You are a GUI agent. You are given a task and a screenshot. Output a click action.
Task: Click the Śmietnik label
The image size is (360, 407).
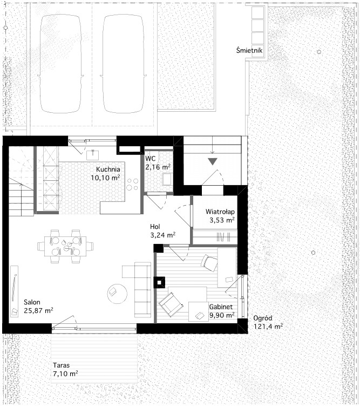pos(249,50)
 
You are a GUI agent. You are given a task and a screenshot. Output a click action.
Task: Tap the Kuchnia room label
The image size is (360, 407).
pos(108,169)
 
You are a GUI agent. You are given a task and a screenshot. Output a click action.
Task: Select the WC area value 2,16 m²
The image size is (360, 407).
pos(158,167)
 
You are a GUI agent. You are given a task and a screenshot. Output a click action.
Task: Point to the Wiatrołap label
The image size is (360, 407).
pos(220,212)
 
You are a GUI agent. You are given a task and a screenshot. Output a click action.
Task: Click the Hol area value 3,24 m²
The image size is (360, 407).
pos(163,235)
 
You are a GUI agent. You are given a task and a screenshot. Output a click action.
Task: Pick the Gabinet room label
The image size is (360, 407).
pos(221,307)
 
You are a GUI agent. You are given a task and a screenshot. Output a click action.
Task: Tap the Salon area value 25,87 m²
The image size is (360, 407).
pos(38,310)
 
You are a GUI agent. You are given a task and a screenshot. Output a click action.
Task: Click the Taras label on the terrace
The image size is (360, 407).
pos(61,365)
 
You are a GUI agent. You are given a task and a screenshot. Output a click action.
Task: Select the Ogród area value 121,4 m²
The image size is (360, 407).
pos(268,326)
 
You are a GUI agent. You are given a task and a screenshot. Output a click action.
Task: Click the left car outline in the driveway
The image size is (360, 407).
pos(60,64)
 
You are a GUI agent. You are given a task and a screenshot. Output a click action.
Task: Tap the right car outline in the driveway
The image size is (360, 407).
pos(123,64)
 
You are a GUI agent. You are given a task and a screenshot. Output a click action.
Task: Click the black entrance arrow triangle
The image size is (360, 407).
pos(213,162)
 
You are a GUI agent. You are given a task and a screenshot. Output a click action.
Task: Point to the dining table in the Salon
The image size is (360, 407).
pos(65,246)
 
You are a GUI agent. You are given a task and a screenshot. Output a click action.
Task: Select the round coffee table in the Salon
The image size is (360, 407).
pos(117,293)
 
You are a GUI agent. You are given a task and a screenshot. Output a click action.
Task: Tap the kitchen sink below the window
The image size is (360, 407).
pos(93,155)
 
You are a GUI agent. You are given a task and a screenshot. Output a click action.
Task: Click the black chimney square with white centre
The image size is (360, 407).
pos(159,282)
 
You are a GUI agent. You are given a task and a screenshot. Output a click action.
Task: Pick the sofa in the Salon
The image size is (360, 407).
pos(142,290)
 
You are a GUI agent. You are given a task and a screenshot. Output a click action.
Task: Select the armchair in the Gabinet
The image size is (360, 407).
pos(170,304)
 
